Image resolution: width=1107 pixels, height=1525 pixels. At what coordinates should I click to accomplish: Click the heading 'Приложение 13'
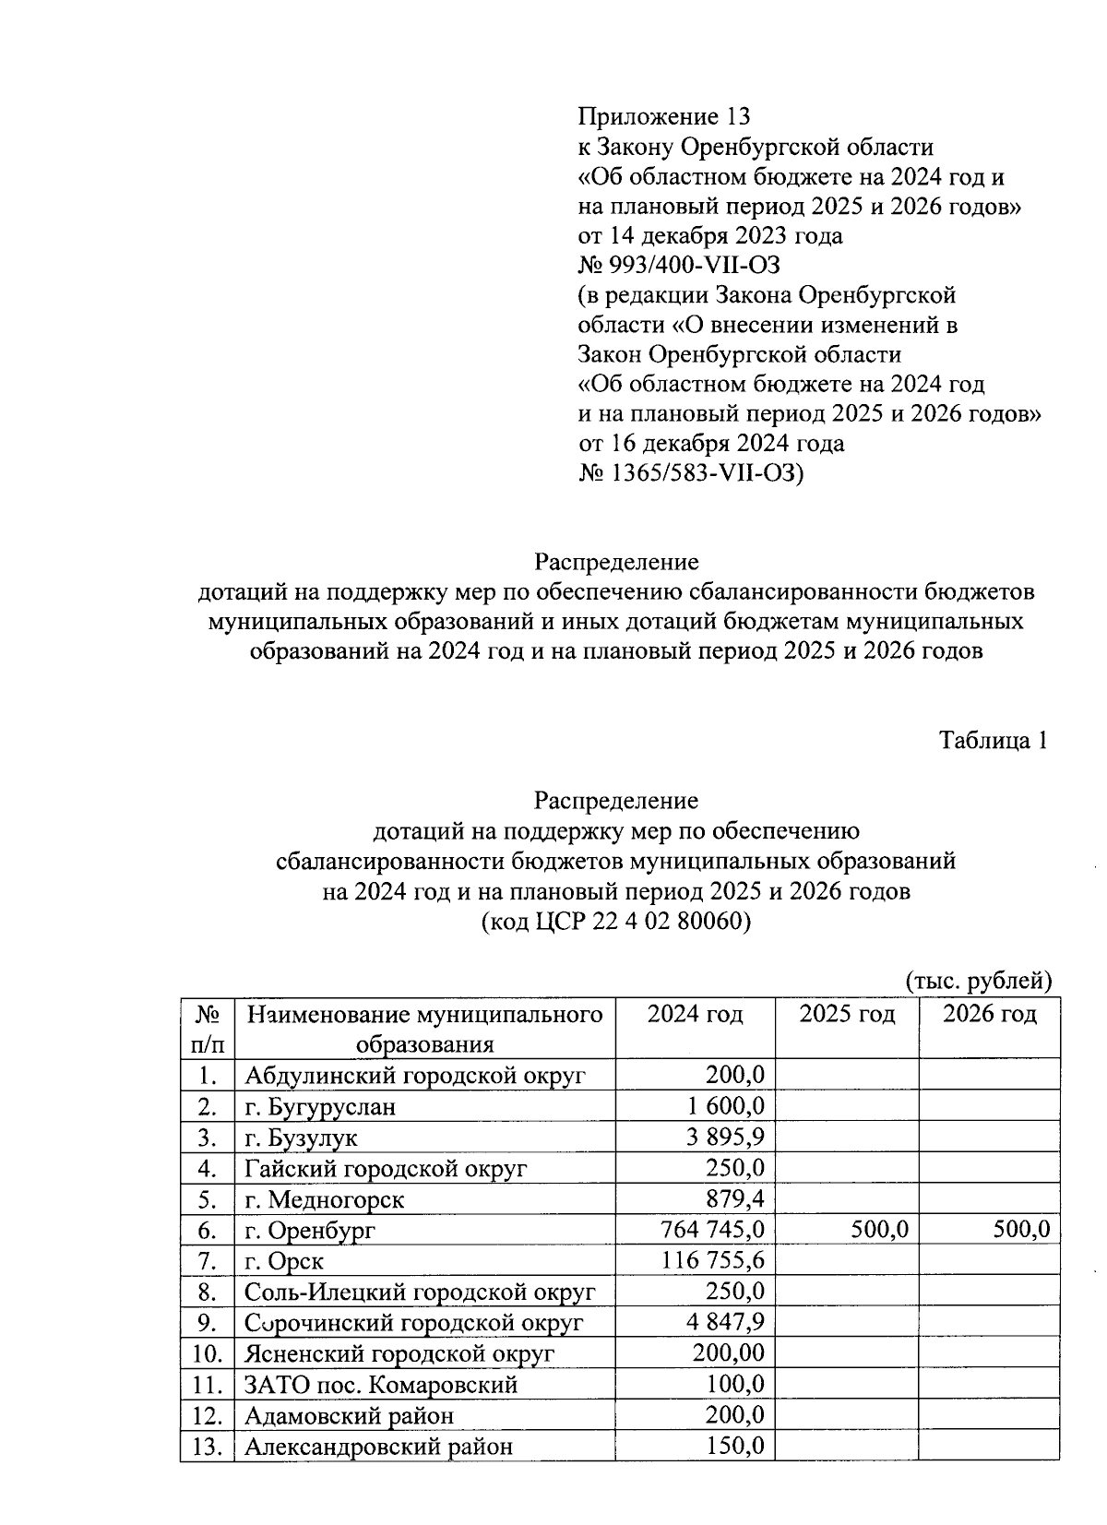(x=663, y=117)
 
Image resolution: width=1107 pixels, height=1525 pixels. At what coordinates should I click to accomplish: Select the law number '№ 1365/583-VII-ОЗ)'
(x=691, y=473)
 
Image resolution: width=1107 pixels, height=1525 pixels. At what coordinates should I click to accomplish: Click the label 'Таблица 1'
(x=994, y=740)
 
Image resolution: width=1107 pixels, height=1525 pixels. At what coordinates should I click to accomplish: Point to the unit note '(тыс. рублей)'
(x=979, y=980)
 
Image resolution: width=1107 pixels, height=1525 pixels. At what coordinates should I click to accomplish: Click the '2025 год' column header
(x=847, y=1014)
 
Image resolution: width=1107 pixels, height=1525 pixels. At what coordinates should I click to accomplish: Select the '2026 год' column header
(x=990, y=1014)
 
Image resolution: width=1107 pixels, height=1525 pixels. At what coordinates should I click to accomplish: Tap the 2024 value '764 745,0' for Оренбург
(x=712, y=1230)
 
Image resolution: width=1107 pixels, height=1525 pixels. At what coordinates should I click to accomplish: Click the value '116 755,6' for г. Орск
(x=712, y=1260)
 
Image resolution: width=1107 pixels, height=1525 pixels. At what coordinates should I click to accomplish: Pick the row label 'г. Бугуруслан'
(x=320, y=1106)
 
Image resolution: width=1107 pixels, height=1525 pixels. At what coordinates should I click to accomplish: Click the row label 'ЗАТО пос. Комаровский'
(x=380, y=1385)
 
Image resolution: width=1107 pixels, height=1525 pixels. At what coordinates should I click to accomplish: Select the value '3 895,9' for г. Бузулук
(x=724, y=1137)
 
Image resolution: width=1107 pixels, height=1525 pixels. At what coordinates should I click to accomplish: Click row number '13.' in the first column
(x=208, y=1447)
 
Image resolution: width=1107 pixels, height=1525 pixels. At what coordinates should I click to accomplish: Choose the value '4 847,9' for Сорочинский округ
(x=724, y=1323)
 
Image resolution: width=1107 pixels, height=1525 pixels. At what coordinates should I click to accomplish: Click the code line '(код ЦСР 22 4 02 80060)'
(x=616, y=922)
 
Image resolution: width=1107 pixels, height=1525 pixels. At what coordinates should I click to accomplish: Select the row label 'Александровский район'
(x=378, y=1447)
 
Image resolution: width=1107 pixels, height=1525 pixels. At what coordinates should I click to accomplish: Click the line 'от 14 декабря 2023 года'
(x=709, y=236)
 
